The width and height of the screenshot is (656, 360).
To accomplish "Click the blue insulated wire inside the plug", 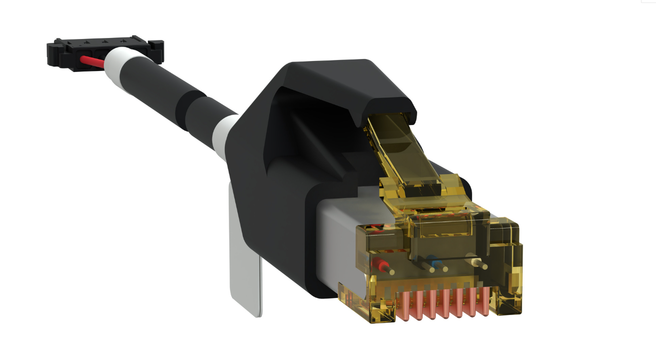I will (x=435, y=262).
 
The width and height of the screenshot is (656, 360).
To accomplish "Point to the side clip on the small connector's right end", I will (x=157, y=50).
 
